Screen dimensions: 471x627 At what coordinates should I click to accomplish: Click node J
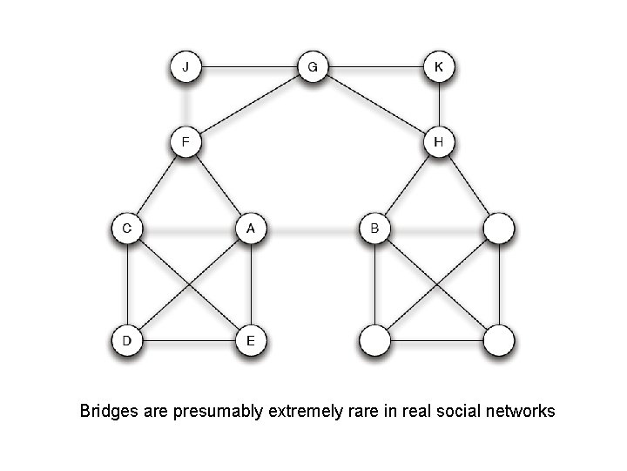click(185, 66)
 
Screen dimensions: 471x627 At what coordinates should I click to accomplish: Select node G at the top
click(313, 66)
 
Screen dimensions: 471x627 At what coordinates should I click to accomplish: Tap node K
click(439, 66)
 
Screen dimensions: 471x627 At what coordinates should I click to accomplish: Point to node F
click(185, 141)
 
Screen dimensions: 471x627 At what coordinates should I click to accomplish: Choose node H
click(439, 141)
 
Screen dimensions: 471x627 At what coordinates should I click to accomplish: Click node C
click(127, 229)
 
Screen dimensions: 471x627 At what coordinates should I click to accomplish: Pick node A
click(251, 229)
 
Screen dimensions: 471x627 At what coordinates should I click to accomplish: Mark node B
click(375, 229)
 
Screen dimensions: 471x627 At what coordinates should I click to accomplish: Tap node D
click(127, 340)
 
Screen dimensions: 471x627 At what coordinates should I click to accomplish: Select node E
click(251, 340)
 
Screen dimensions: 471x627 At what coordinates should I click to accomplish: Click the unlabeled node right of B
click(499, 229)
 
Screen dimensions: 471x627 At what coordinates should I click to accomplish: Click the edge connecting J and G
click(248, 66)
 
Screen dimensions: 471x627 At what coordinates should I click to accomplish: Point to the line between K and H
click(439, 104)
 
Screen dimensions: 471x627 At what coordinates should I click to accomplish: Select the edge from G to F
click(248, 104)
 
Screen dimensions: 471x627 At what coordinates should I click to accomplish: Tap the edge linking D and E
click(189, 340)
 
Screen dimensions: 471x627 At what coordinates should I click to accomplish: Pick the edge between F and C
click(156, 185)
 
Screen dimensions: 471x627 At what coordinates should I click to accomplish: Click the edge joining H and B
click(407, 185)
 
